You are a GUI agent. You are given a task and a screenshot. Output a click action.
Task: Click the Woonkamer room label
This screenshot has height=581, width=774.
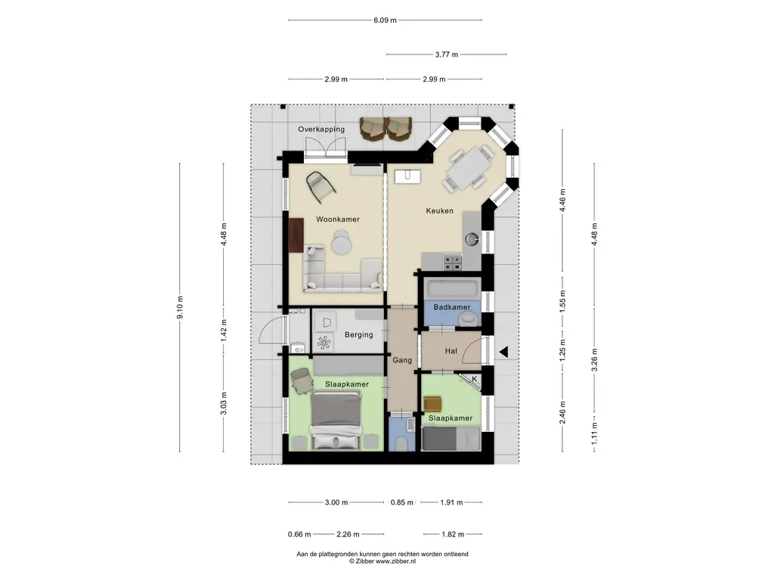pos(338,219)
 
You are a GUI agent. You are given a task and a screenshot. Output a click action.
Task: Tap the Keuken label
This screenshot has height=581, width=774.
pos(439,211)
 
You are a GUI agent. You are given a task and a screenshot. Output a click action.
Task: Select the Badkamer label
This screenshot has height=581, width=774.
pos(452,307)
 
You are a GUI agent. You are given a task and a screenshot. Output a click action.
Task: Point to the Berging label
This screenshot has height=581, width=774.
pos(359,335)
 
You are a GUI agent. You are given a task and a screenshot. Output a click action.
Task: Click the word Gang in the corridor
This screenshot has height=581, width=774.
pos(402,360)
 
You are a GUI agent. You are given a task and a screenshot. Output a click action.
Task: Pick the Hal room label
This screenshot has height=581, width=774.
pos(451,351)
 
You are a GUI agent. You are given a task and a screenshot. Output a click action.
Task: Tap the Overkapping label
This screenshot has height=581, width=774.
pos(321,129)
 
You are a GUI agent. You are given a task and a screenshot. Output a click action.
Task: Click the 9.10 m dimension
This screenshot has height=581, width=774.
pos(180,307)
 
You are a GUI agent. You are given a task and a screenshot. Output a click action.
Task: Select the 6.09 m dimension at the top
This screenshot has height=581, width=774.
pos(385,20)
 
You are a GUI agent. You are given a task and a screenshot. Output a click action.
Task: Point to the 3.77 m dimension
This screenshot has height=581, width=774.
pos(447,54)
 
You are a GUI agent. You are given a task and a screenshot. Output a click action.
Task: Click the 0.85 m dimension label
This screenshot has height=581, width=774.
pos(402,502)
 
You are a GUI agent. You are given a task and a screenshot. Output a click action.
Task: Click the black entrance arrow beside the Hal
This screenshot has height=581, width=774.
pos(503,353)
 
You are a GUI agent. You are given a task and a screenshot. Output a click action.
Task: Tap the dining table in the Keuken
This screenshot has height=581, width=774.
pos(469,168)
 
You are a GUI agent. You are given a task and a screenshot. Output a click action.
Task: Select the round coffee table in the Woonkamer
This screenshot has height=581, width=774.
pos(341,243)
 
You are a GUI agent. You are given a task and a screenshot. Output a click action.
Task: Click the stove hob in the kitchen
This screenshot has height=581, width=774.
pos(452,263)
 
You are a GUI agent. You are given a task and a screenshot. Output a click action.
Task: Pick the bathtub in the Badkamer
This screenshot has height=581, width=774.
pos(453,288)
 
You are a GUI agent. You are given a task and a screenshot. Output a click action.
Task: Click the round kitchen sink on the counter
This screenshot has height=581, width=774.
pos(472,239)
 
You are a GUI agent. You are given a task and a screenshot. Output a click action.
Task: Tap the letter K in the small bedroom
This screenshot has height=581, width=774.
pos(475,379)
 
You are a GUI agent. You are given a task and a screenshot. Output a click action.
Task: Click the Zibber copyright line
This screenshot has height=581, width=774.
pos(382,561)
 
